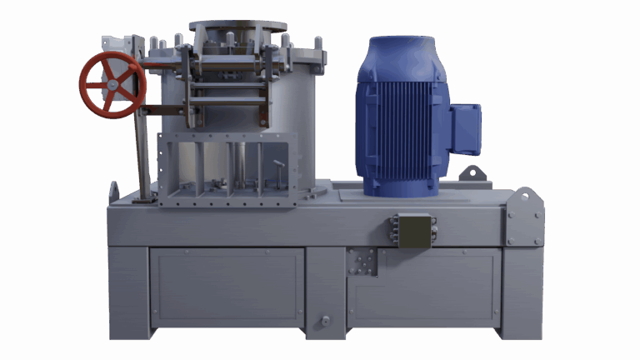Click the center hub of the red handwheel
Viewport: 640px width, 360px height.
tap(112, 84)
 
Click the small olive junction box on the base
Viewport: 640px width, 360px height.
tap(414, 229)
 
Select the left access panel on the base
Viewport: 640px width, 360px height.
tap(226, 287)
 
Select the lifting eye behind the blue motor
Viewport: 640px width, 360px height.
tap(473, 173)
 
